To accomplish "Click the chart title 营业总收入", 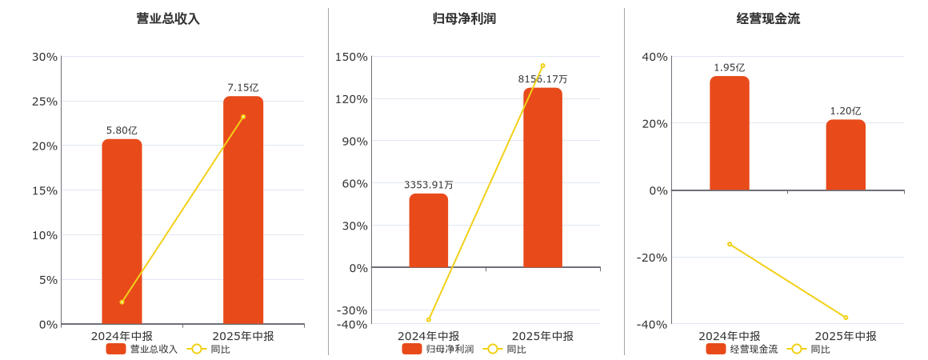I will click(x=168, y=18).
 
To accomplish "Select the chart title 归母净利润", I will click(x=464, y=18).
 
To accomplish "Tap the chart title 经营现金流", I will click(x=768, y=18).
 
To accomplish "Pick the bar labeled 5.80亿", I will click(x=122, y=232).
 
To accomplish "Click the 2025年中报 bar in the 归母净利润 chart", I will click(x=542, y=178).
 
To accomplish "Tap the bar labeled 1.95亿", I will click(x=730, y=134).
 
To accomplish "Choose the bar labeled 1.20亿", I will click(x=846, y=155).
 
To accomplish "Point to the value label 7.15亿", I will click(x=243, y=88).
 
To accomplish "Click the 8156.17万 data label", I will click(x=542, y=79).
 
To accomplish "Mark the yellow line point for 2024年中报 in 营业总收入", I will click(x=122, y=302).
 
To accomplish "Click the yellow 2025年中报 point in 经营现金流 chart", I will click(x=846, y=318).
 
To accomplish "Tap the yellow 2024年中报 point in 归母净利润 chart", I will click(x=429, y=320).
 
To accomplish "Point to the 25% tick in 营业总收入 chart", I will click(x=45, y=102).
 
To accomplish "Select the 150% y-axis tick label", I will click(x=351, y=57).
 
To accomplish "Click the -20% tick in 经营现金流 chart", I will click(x=651, y=257).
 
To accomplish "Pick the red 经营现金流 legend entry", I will click(x=742, y=349).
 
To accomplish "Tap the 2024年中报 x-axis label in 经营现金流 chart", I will click(x=730, y=336).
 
